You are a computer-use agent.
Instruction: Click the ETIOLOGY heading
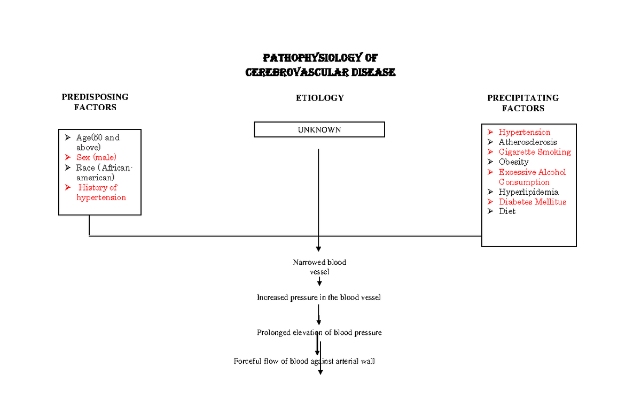pos(319,98)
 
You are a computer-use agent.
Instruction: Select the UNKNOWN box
pos(319,130)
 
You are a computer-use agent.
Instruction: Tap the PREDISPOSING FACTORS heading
pos(95,102)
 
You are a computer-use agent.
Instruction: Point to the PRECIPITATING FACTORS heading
pos(523,103)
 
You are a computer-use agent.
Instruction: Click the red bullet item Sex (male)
pos(96,157)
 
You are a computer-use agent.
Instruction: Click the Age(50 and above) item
pos(97,142)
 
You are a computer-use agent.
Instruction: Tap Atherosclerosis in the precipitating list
pos(528,142)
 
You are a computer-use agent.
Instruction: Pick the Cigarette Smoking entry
pos(534,152)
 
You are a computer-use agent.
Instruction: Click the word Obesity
pos(513,162)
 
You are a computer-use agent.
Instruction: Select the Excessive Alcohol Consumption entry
pos(531,177)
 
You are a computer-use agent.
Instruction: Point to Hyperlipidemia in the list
pos(528,192)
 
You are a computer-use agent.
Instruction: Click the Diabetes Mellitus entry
pos(532,202)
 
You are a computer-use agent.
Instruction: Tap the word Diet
pos(507,211)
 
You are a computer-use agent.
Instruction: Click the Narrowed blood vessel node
pos(319,266)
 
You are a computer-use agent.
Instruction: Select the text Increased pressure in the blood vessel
pos(319,297)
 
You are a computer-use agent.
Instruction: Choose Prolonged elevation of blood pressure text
pos(319,333)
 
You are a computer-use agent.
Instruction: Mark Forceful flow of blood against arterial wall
pos(304,361)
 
